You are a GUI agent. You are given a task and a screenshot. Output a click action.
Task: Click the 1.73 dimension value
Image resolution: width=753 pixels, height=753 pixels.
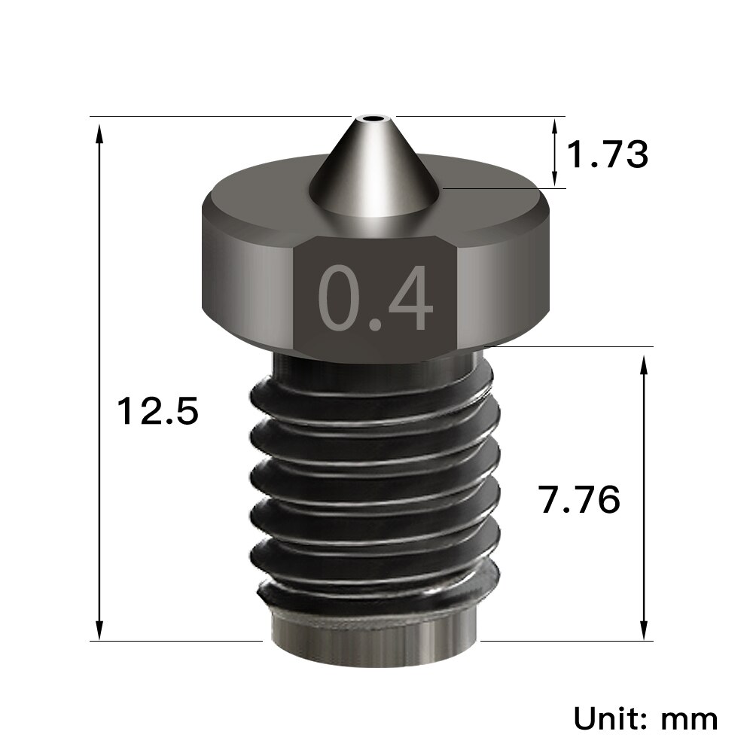pos(606,154)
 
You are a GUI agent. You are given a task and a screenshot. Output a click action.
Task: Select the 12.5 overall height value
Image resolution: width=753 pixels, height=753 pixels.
pos(157,412)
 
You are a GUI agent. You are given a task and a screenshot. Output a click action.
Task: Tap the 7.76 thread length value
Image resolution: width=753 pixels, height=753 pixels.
pos(579,499)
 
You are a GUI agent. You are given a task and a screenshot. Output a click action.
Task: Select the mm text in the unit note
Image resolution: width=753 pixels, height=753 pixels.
pos(688,718)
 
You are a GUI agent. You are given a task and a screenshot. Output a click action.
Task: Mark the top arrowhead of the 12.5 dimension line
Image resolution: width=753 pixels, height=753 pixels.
pos(99,132)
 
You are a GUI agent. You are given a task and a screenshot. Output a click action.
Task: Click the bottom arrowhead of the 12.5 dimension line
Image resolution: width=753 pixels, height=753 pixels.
pos(99,629)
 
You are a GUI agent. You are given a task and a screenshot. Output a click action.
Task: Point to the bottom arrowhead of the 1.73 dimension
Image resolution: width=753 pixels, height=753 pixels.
pos(556,179)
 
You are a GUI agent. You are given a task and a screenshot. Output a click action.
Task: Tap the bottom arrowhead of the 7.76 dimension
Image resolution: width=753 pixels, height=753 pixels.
pos(643,629)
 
